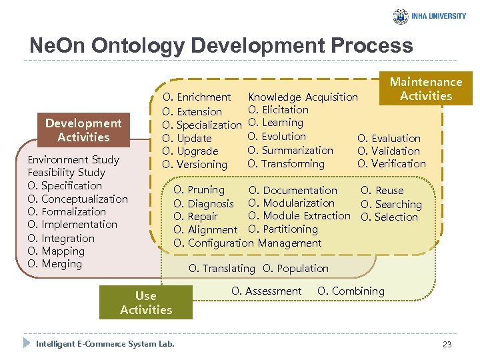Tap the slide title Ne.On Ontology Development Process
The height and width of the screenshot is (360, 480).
[x=221, y=45]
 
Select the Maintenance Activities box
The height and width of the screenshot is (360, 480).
[x=425, y=89]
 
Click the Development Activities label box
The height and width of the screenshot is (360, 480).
[x=83, y=130]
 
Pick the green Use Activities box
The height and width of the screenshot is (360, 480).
[x=145, y=303]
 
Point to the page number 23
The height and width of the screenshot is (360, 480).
[x=446, y=344]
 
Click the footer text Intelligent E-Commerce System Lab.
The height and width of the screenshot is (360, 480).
[x=105, y=344]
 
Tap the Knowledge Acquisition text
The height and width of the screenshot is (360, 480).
[x=303, y=97]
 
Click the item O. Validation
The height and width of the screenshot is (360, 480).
[x=389, y=151]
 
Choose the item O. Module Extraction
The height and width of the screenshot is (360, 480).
[x=299, y=216]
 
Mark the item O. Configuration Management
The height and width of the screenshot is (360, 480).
[x=247, y=243]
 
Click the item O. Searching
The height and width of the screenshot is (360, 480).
[x=391, y=204]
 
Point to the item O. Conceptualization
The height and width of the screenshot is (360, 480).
[x=77, y=199]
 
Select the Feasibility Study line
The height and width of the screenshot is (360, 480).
[x=67, y=173]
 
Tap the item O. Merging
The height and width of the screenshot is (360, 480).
[x=55, y=264]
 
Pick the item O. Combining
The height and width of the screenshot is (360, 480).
[x=351, y=291]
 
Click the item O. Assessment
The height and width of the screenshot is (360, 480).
[x=266, y=291]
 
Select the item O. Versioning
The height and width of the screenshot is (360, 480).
[x=195, y=164]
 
